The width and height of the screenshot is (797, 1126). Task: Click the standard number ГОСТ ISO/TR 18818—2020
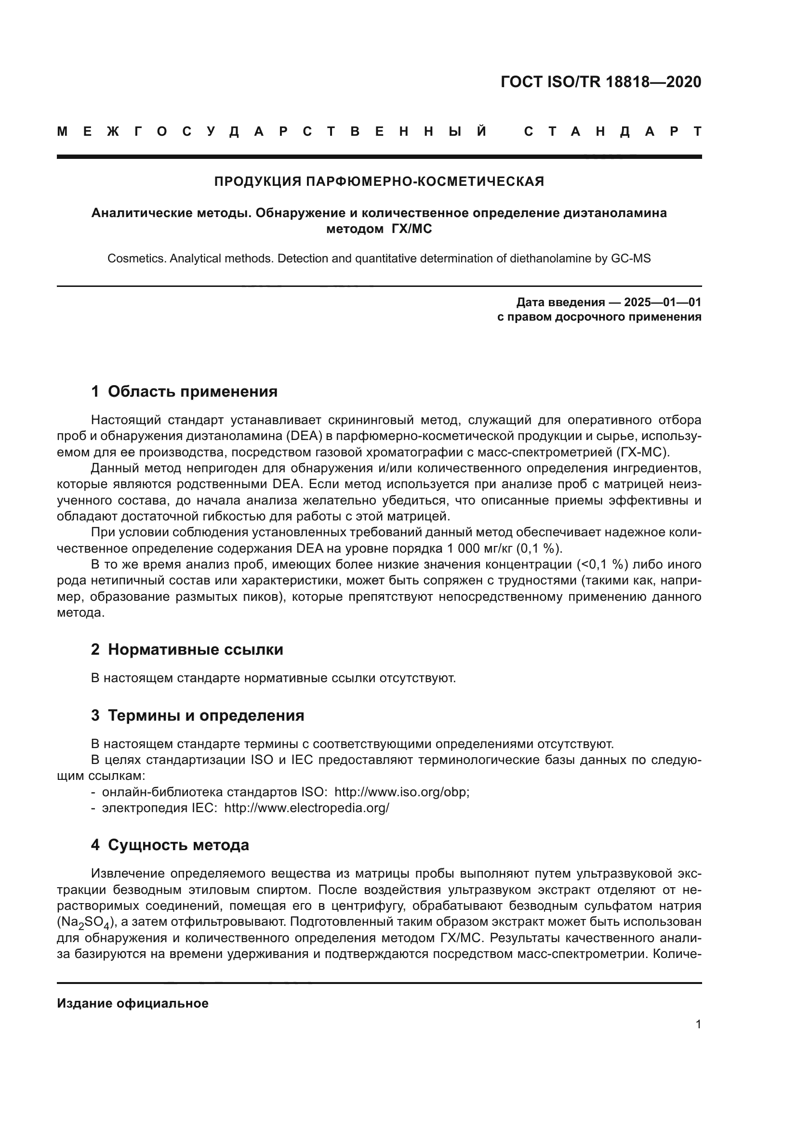(601, 82)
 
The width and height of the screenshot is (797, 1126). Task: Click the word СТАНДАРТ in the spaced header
(612, 131)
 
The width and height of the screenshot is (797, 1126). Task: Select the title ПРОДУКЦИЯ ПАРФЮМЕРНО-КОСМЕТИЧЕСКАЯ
(379, 181)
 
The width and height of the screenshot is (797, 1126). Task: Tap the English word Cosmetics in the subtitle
(137, 259)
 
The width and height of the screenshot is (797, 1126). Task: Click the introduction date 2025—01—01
(663, 302)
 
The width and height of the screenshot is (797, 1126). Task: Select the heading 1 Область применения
(184, 391)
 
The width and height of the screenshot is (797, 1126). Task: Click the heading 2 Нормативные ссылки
(187, 650)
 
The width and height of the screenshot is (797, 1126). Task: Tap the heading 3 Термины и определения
(197, 715)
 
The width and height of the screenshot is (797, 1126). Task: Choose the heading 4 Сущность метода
(170, 845)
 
